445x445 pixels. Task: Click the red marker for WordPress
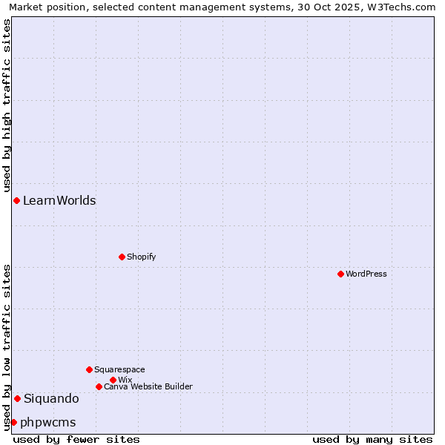click(x=340, y=274)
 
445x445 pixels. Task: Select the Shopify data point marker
click(x=122, y=257)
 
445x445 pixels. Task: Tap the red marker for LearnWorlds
click(x=16, y=200)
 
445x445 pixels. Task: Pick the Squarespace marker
click(x=89, y=369)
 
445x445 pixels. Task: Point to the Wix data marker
click(x=113, y=380)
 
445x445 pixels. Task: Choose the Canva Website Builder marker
click(x=99, y=386)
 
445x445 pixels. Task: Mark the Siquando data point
click(x=17, y=398)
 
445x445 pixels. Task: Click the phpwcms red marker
click(x=13, y=422)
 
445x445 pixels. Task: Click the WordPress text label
click(x=366, y=274)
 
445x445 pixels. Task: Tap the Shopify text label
click(x=142, y=257)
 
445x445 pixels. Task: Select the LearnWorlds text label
click(x=59, y=200)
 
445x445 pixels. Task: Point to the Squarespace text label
click(x=119, y=369)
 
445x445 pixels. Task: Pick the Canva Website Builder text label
click(x=148, y=386)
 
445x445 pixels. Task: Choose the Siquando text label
click(x=51, y=398)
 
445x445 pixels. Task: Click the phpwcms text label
click(x=48, y=422)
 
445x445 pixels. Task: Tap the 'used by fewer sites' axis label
click(x=76, y=439)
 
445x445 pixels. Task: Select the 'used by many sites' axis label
click(x=372, y=439)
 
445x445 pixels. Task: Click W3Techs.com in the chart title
click(x=406, y=7)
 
